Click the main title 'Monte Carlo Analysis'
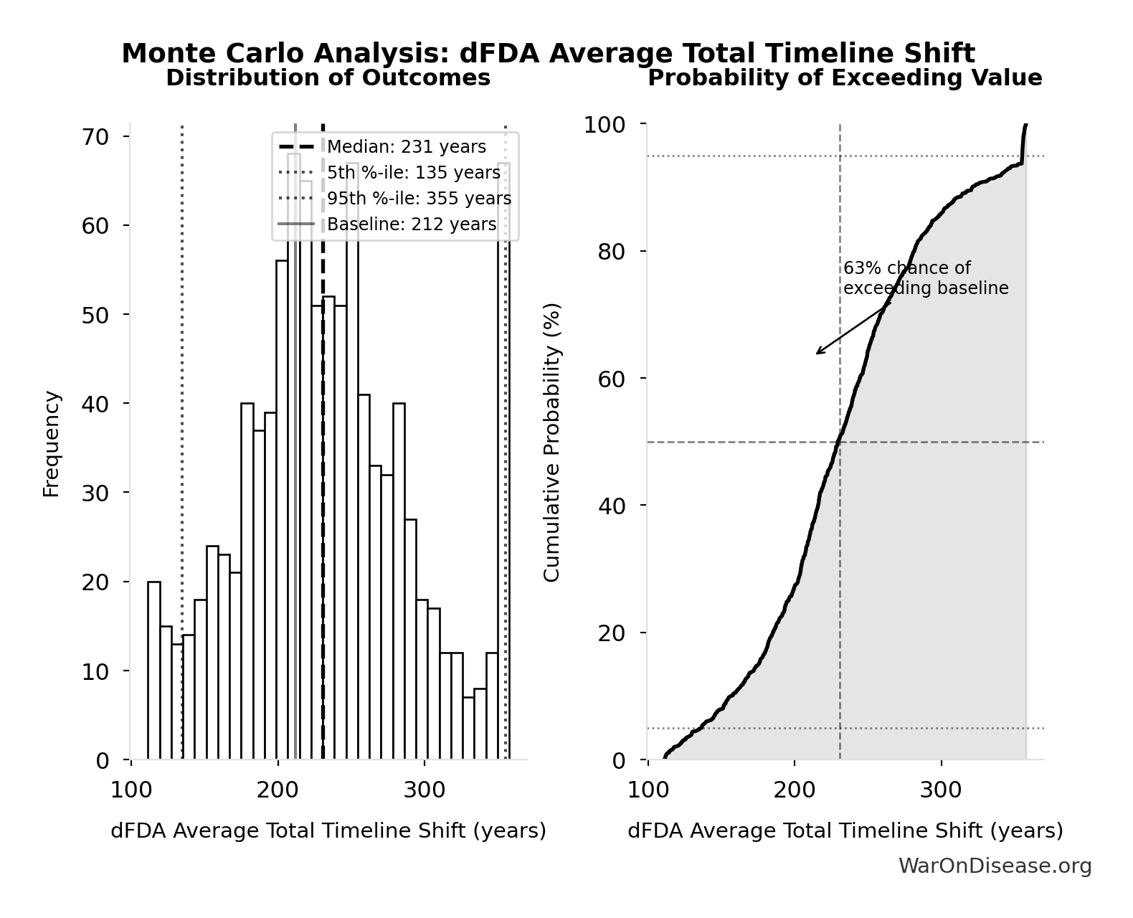(548, 54)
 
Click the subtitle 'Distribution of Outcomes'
(328, 77)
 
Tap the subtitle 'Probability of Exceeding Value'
(845, 77)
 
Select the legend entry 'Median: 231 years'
(406, 147)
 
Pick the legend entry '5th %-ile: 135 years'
(413, 173)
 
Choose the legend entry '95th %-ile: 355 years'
(419, 199)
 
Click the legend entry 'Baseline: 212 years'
(411, 224)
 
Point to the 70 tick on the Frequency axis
(95, 137)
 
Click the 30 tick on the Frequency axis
(95, 493)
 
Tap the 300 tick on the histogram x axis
(424, 790)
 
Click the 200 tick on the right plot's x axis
(795, 790)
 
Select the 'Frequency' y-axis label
(52, 443)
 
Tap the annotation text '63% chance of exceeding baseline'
(925, 278)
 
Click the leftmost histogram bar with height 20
(154, 670)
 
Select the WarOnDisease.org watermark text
(995, 866)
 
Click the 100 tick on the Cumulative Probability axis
(604, 125)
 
